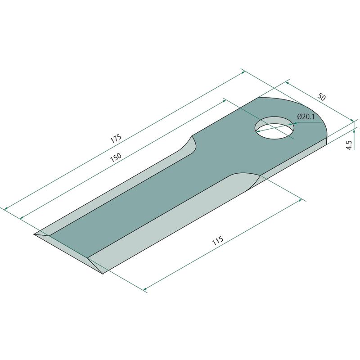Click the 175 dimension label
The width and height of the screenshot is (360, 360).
click(x=116, y=139)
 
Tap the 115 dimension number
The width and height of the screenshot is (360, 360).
click(x=218, y=240)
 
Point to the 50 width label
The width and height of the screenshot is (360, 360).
click(x=321, y=97)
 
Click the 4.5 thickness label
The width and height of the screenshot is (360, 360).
click(x=349, y=145)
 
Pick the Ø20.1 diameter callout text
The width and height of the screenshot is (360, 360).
click(x=306, y=117)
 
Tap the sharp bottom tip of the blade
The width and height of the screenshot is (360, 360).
click(x=102, y=274)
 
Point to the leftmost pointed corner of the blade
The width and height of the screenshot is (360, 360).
click(x=34, y=234)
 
